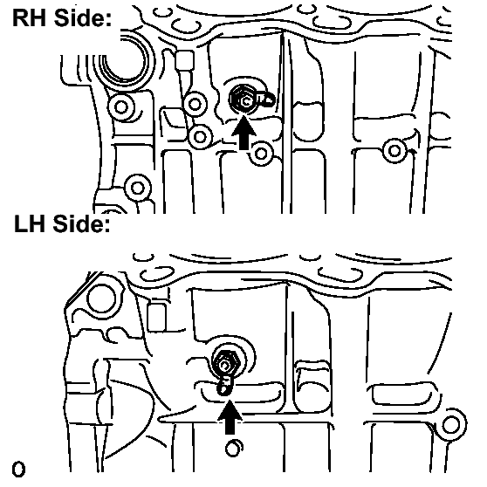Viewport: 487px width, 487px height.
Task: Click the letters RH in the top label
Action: (30, 17)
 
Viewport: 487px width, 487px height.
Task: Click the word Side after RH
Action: (82, 17)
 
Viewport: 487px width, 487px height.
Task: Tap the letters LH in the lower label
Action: (30, 223)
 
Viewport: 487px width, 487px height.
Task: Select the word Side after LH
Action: (82, 223)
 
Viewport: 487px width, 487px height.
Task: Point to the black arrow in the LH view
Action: (230, 417)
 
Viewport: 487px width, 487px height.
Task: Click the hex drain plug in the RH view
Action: (243, 99)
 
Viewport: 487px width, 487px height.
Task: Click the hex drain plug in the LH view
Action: (225, 363)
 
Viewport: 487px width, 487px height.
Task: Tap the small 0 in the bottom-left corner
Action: (18, 470)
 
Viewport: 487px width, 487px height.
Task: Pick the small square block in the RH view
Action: (184, 60)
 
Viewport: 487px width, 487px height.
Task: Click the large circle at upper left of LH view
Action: (101, 298)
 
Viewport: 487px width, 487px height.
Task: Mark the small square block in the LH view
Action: (156, 318)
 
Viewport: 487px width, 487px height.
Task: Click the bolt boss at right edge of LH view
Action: (451, 425)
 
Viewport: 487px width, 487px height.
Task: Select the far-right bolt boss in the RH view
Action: (394, 151)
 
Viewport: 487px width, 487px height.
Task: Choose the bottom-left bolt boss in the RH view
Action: (138, 188)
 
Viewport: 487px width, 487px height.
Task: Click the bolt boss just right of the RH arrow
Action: (261, 153)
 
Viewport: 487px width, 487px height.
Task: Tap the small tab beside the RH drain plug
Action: (266, 99)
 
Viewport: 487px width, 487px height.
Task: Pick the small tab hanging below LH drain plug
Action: (224, 386)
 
